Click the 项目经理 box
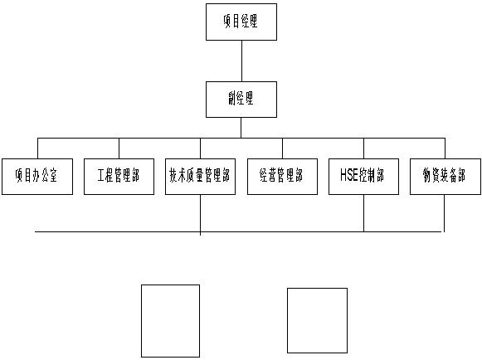(241, 22)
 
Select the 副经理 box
(241, 100)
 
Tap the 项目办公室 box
(37, 177)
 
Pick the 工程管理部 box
(119, 177)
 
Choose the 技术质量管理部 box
(200, 177)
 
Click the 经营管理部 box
(282, 177)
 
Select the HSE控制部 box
(363, 177)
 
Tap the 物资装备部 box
(445, 177)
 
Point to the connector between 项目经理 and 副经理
(241, 61)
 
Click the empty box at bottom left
(170, 321)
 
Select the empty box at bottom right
(317, 320)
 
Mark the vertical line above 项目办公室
(38, 148)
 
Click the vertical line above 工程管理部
(119, 148)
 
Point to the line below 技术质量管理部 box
(201, 215)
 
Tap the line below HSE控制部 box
(364, 213)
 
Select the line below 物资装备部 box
(444, 213)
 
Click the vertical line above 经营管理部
(283, 148)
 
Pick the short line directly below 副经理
(241, 128)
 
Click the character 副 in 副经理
(231, 99)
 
